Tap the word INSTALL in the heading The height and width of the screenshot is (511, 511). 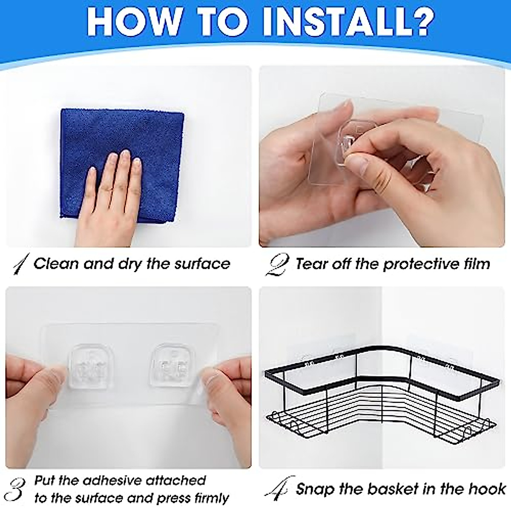[329, 22]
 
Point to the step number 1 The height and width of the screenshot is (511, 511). [21, 264]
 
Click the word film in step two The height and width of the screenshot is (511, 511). [475, 264]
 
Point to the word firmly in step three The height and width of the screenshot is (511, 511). [211, 499]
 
